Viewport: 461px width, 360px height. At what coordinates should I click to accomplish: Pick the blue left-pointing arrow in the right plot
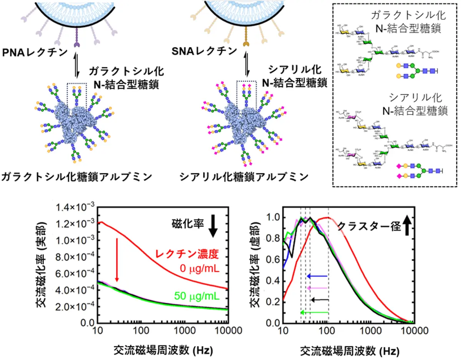tap(317, 276)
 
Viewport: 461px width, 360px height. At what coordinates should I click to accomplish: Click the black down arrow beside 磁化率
tap(214, 226)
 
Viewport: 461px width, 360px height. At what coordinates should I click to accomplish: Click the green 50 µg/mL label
tap(196, 296)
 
